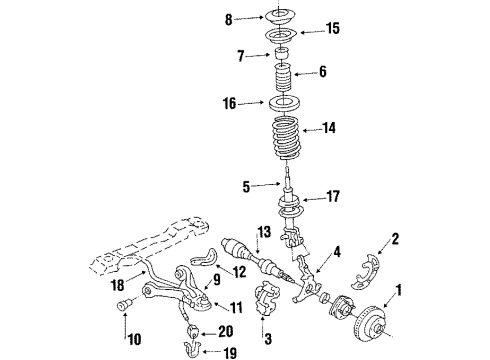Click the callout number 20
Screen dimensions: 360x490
226,332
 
